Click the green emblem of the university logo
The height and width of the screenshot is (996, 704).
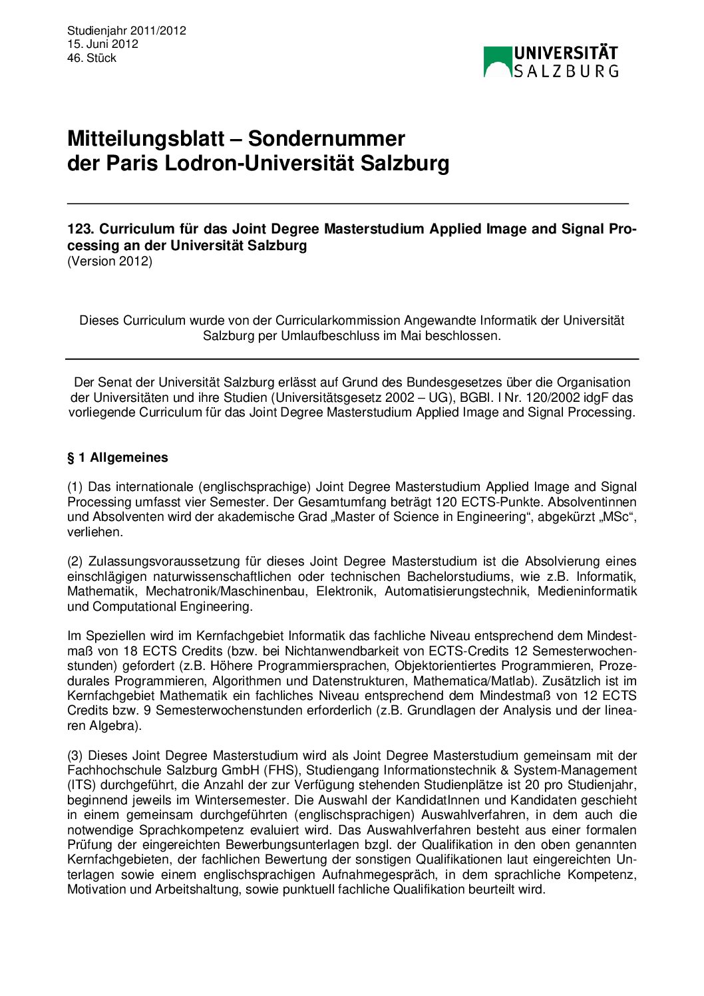[x=496, y=61]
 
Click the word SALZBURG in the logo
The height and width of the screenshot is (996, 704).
[x=566, y=71]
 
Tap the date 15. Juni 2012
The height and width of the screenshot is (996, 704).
[x=102, y=44]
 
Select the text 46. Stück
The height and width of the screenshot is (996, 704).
[x=92, y=58]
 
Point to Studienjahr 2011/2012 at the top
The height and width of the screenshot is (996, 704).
[x=126, y=31]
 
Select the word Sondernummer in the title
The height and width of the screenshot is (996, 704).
[x=326, y=138]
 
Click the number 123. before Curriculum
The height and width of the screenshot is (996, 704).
[x=80, y=229]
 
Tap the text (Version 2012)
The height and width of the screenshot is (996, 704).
[x=110, y=261]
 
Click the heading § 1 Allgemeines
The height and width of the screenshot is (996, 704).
[x=118, y=458]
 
